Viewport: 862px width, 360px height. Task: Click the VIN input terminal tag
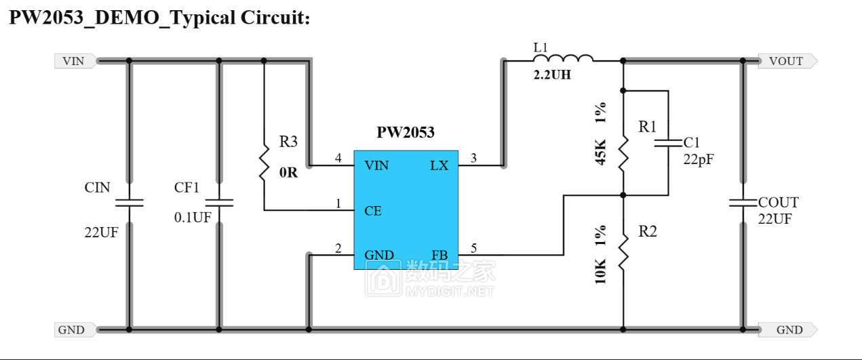click(74, 61)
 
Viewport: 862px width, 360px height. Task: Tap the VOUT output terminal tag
click(786, 61)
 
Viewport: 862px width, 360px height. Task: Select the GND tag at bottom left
click(73, 330)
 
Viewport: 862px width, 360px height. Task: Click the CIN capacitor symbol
click(128, 202)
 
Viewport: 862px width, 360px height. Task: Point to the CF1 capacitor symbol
click(218, 202)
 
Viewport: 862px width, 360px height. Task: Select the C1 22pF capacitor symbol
click(668, 144)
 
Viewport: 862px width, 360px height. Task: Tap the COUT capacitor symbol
click(743, 202)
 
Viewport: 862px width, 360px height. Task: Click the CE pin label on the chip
click(373, 211)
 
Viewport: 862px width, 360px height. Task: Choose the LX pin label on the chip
click(439, 165)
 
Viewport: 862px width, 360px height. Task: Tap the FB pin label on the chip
click(439, 256)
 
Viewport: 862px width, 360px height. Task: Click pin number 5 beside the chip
click(473, 249)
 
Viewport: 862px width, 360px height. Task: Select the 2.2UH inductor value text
click(552, 75)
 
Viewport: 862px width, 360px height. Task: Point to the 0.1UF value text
click(193, 217)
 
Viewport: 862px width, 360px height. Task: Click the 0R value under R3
click(289, 172)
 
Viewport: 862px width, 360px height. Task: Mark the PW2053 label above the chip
click(406, 132)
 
